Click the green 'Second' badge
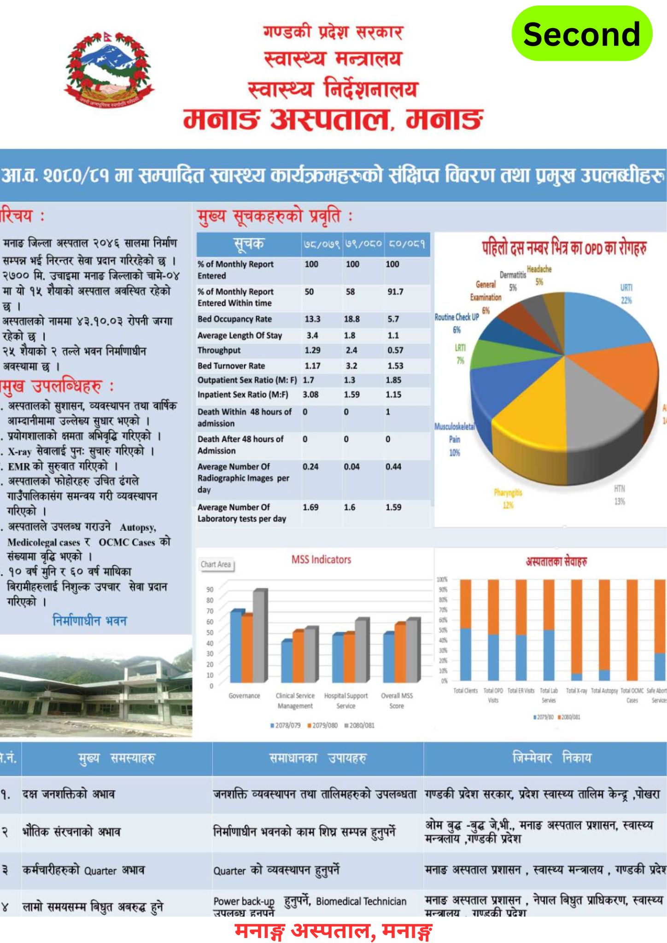(582, 34)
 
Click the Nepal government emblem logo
(109, 69)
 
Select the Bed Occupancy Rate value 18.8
(351, 319)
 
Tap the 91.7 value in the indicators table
(395, 291)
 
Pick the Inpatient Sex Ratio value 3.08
(311, 395)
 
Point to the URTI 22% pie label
(626, 294)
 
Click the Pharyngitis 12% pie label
(508, 499)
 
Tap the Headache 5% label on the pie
(539, 275)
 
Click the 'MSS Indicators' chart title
(321, 559)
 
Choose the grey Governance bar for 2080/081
(260, 635)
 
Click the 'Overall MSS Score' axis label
(397, 700)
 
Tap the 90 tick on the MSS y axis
(210, 589)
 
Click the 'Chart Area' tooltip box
(216, 565)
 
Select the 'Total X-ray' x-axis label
(576, 691)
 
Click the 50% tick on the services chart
(443, 630)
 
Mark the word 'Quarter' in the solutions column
(229, 871)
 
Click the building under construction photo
(96, 686)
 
